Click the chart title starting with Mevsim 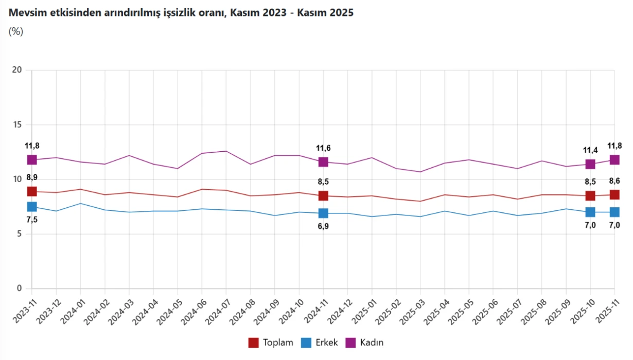(180, 13)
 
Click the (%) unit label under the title (16, 31)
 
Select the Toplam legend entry (271, 343)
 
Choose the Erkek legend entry (320, 343)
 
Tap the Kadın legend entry (364, 343)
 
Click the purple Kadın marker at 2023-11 (32, 160)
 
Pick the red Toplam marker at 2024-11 (323, 196)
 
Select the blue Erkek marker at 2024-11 (323, 213)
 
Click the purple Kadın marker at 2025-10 (590, 164)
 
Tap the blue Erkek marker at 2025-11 (614, 212)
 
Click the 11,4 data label (590, 150)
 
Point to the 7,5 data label (32, 220)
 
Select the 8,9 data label (32, 177)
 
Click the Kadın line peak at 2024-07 (226, 151)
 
